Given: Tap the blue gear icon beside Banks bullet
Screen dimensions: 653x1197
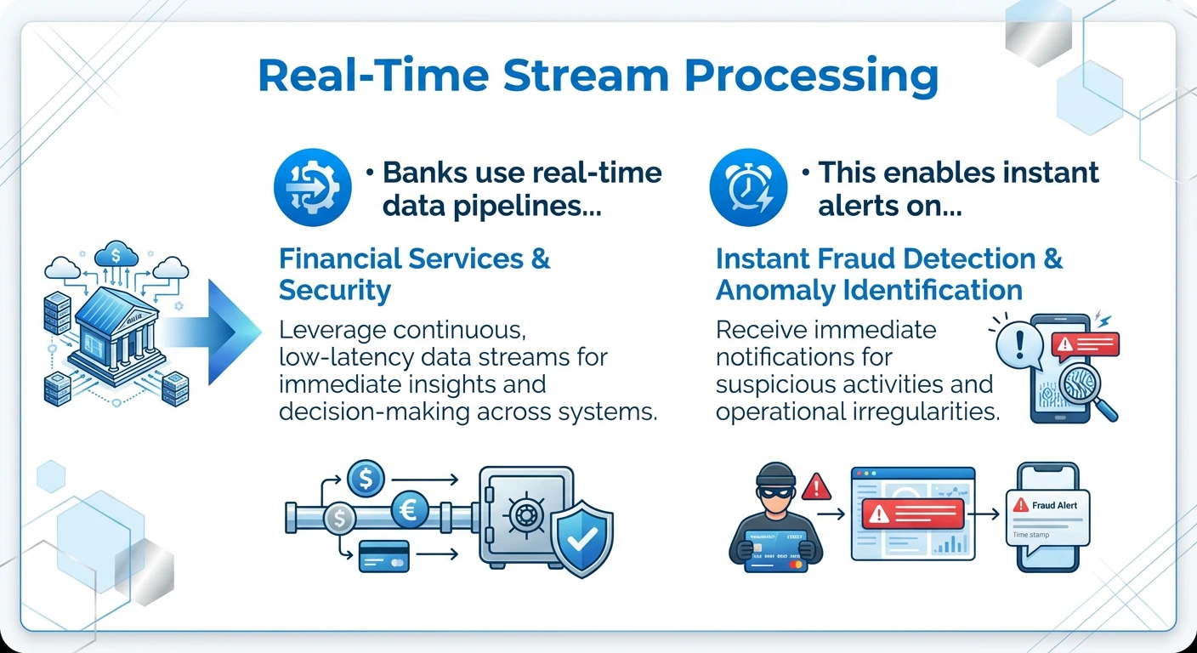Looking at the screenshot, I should pos(313,189).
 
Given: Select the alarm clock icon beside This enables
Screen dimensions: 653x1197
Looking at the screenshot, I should pos(748,189).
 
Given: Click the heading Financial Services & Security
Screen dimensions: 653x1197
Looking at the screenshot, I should pos(415,274).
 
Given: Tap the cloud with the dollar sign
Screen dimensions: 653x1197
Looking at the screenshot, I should pos(116,253).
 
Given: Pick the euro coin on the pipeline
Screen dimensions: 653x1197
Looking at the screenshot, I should pos(409,512).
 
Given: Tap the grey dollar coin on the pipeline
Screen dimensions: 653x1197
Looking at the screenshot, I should pos(340,517).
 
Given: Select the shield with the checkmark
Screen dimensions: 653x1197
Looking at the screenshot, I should pos(581,537).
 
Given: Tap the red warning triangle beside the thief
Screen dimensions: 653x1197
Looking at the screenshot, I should pos(816,486).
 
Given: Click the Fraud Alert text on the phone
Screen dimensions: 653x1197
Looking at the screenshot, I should pos(1054,505).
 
